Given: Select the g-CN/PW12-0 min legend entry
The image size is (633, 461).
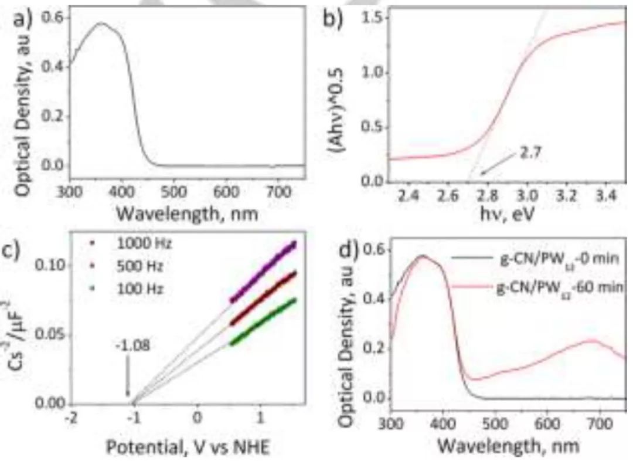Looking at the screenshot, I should pos(554,259).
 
